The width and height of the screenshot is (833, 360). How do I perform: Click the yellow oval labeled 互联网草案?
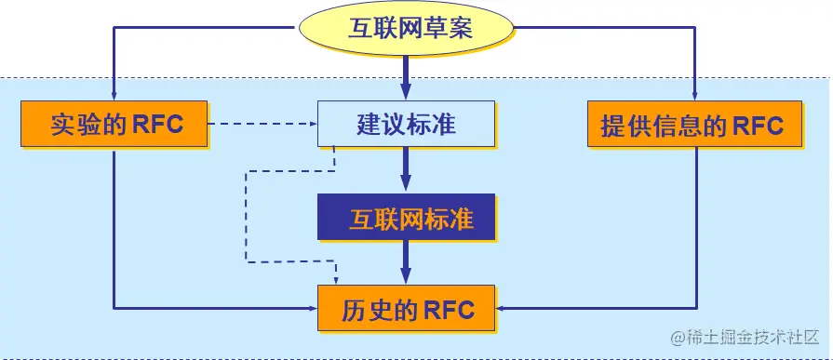coord(405,27)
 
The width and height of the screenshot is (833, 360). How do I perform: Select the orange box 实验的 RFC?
coord(114,124)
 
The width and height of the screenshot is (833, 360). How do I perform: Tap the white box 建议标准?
coord(406,124)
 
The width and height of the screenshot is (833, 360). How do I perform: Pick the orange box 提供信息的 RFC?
coord(693,124)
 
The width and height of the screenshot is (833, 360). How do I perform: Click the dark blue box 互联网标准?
coord(406,219)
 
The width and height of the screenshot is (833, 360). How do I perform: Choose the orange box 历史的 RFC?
coord(406,309)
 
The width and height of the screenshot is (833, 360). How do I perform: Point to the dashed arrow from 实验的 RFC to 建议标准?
coord(261,123)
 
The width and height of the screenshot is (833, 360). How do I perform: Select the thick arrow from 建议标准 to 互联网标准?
coord(406,171)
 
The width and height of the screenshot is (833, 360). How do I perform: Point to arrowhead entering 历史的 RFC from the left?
coord(311,307)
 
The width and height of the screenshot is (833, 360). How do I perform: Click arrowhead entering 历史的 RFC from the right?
coord(501,307)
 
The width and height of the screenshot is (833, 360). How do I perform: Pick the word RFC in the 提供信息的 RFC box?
coord(753,124)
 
